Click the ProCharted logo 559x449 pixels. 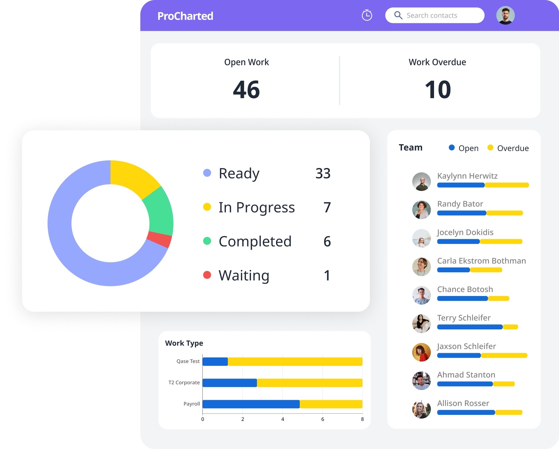(x=185, y=16)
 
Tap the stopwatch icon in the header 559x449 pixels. (x=367, y=15)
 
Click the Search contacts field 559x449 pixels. (x=434, y=15)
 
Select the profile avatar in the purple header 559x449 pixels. (x=505, y=15)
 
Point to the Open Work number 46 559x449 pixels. (x=246, y=90)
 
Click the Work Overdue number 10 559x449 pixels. (x=437, y=90)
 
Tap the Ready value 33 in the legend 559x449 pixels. (x=323, y=173)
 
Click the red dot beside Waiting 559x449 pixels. (x=207, y=275)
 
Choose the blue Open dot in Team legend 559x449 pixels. (x=452, y=148)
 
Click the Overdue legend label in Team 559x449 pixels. (x=513, y=148)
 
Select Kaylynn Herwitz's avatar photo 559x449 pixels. (x=421, y=182)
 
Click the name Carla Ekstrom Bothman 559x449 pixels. (x=481, y=261)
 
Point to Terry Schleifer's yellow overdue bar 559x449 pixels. (x=510, y=327)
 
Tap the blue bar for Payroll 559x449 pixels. (x=251, y=404)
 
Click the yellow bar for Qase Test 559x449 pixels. (x=295, y=361)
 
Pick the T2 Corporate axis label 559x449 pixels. (x=184, y=383)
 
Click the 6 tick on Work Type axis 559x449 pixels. (x=322, y=419)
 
